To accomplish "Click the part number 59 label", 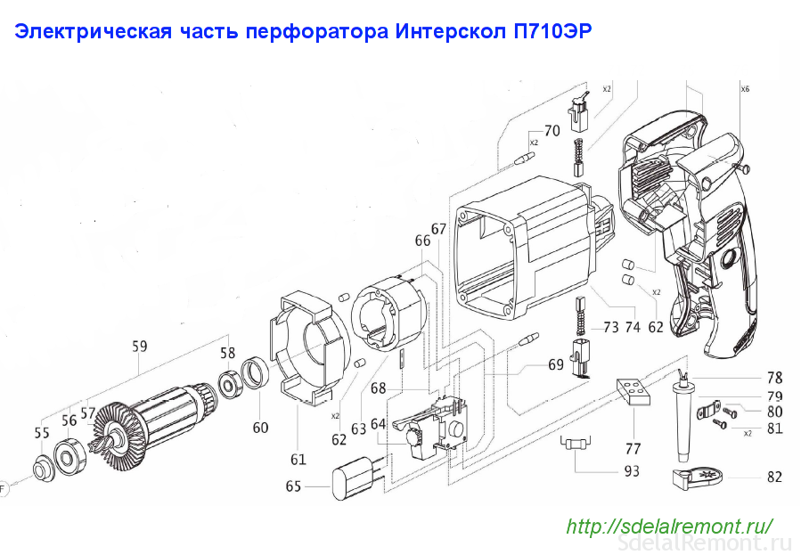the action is pos(140,347).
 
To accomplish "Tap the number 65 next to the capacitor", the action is pos(293,486).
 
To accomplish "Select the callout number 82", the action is pos(774,477).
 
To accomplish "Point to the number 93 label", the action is pos(632,470).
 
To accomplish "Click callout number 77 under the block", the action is pos(633,449).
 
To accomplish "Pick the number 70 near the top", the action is pos(552,131).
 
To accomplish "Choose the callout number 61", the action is pos(298,460).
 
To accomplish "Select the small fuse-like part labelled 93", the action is pos(576,445).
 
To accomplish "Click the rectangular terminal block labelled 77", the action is pos(633,391).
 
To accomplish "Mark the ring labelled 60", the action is pos(253,374).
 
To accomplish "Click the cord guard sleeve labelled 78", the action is pos(682,417).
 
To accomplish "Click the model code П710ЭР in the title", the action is pos(552,32).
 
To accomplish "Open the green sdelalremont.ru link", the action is pos(669,526).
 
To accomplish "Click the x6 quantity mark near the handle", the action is pos(746,89).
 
